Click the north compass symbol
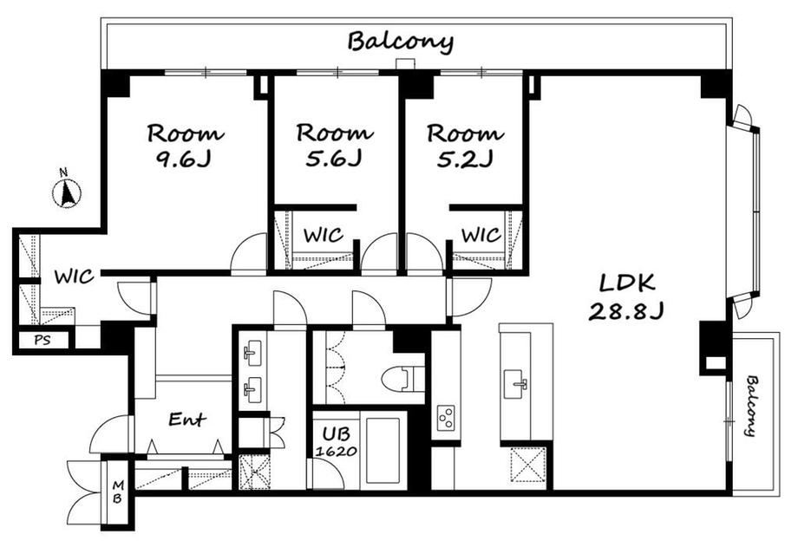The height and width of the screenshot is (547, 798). (x=67, y=192)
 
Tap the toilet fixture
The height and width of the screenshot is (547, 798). (x=403, y=379)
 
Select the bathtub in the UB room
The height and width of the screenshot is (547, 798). (x=383, y=450)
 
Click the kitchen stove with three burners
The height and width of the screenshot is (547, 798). (x=446, y=418)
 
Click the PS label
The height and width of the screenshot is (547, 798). (x=43, y=340)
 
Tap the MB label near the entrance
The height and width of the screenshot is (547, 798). (x=118, y=492)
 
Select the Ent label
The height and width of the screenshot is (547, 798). (x=186, y=420)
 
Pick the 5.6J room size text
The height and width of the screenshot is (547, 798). (x=333, y=160)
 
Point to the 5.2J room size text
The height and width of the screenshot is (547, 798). (x=465, y=160)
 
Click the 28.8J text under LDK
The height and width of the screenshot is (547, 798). (x=626, y=309)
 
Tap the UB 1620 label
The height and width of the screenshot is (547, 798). (x=337, y=441)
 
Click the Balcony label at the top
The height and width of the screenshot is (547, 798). (x=401, y=42)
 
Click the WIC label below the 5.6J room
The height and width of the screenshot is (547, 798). (x=324, y=235)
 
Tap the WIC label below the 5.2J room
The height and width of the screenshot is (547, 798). (x=481, y=235)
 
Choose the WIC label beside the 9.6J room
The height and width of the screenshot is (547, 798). (x=75, y=277)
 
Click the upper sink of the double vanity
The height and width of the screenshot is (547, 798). (x=252, y=352)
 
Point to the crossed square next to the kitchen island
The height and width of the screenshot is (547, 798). (x=527, y=465)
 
